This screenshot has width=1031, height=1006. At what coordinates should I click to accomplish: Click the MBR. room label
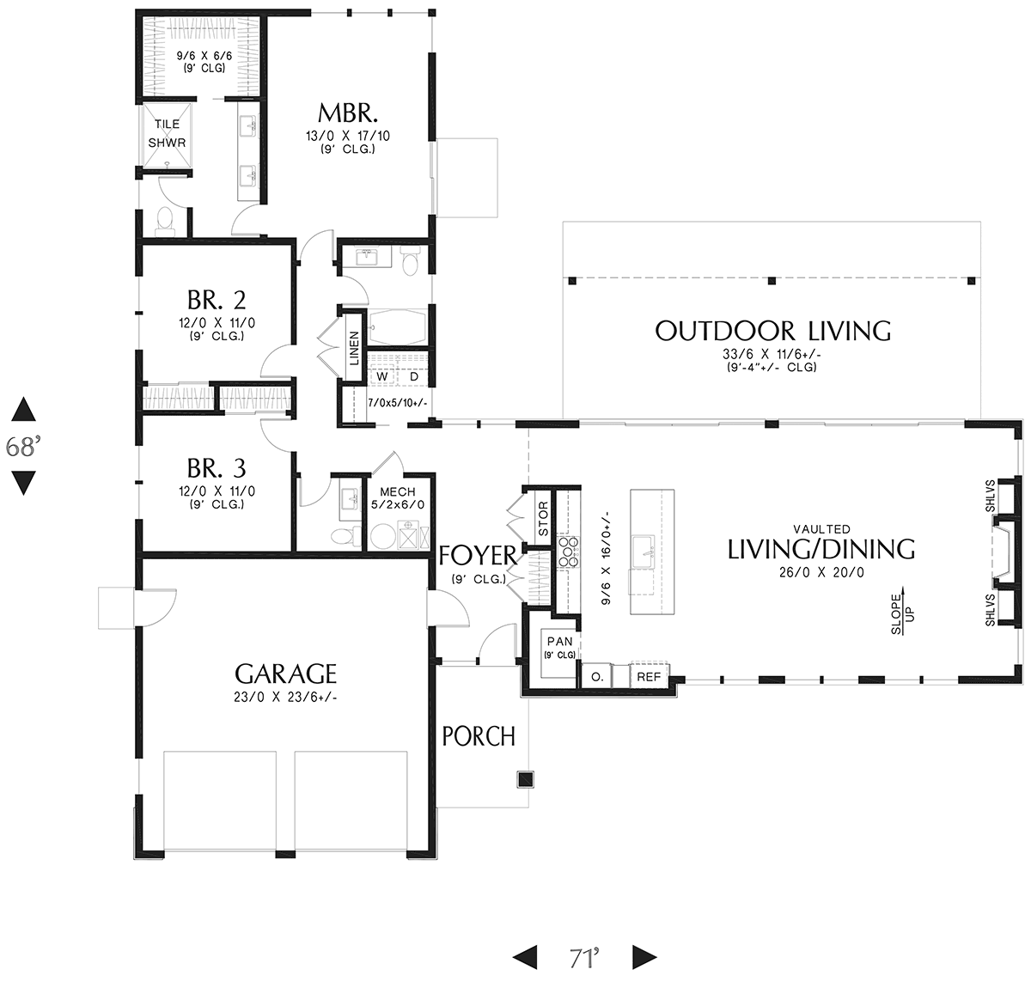pyautogui.click(x=348, y=113)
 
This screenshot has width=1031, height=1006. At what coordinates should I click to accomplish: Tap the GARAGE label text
pyautogui.click(x=285, y=674)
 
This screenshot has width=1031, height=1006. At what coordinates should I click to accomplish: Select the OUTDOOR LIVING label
pyautogui.click(x=773, y=331)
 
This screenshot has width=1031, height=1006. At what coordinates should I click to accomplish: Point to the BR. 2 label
pyautogui.click(x=217, y=301)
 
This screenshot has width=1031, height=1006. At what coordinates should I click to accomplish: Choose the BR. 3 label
pyautogui.click(x=217, y=468)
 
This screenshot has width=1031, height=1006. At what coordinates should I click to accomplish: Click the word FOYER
pyautogui.click(x=478, y=556)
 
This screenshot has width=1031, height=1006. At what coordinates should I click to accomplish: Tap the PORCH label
pyautogui.click(x=479, y=736)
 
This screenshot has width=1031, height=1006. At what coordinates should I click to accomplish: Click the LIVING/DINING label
pyautogui.click(x=821, y=549)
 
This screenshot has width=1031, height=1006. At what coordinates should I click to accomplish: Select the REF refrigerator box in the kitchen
pyautogui.click(x=649, y=676)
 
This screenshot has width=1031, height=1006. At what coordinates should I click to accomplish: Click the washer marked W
pyautogui.click(x=382, y=376)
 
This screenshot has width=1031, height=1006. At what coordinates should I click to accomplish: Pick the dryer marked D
pyautogui.click(x=414, y=376)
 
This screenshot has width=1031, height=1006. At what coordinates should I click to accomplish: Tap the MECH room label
pyautogui.click(x=398, y=492)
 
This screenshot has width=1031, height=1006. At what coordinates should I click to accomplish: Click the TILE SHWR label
pyautogui.click(x=167, y=133)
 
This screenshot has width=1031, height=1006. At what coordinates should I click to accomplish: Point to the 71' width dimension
pyautogui.click(x=584, y=958)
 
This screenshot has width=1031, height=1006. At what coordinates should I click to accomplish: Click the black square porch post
pyautogui.click(x=525, y=779)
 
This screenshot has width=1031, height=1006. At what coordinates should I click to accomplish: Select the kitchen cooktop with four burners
pyautogui.click(x=567, y=552)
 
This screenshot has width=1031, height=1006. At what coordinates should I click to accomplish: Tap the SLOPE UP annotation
pyautogui.click(x=902, y=613)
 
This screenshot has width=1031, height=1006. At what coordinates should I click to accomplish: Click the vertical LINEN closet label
pyautogui.click(x=355, y=348)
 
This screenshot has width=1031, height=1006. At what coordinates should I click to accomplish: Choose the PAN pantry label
pyautogui.click(x=560, y=642)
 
